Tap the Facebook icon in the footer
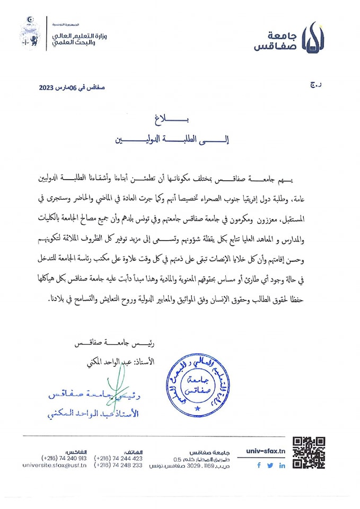pyautogui.click(x=259, y=465)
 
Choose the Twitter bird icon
pyautogui.click(x=270, y=465)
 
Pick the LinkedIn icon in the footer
pyautogui.click(x=282, y=465)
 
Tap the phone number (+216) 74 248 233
pyautogui.click(x=118, y=465)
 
